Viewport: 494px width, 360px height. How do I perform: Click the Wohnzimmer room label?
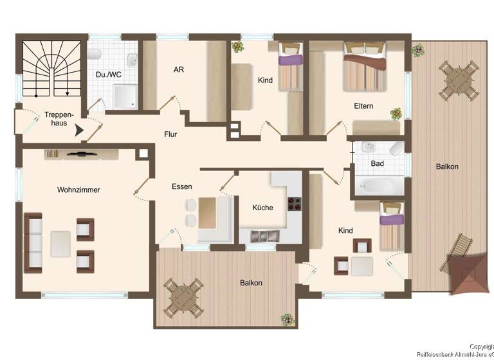tap(78, 190)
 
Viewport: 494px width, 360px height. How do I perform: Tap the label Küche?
tap(262, 208)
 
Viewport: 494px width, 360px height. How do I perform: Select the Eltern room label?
tap(363, 106)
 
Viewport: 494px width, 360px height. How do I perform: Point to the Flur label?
tap(170, 134)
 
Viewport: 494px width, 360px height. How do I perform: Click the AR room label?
tap(179, 69)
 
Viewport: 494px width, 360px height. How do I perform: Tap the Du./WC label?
tap(109, 74)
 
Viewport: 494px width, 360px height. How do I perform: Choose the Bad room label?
tap(378, 163)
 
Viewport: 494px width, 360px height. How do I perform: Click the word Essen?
tap(181, 186)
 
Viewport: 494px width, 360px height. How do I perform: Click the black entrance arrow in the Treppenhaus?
tap(79, 130)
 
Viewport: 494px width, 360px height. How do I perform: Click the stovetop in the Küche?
tap(294, 204)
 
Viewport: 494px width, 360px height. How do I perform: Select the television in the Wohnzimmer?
tap(82, 154)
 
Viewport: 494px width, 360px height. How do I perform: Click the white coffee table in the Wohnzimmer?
tap(60, 244)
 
